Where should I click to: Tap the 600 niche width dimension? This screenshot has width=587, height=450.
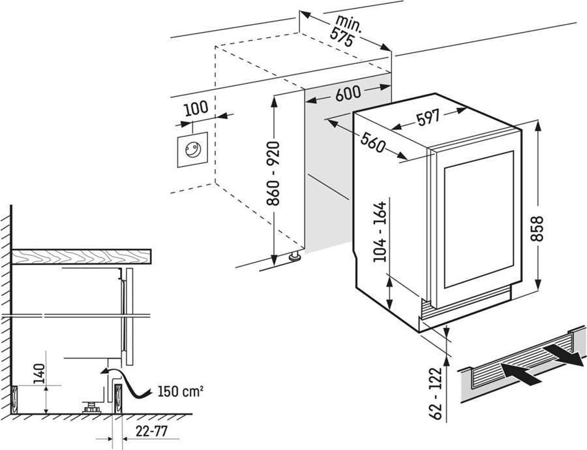348,93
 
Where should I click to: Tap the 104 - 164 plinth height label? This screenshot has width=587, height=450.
380,232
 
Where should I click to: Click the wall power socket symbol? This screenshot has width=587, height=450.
193,150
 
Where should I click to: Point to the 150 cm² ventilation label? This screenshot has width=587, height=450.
181,392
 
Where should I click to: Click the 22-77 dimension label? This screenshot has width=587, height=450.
151,431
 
